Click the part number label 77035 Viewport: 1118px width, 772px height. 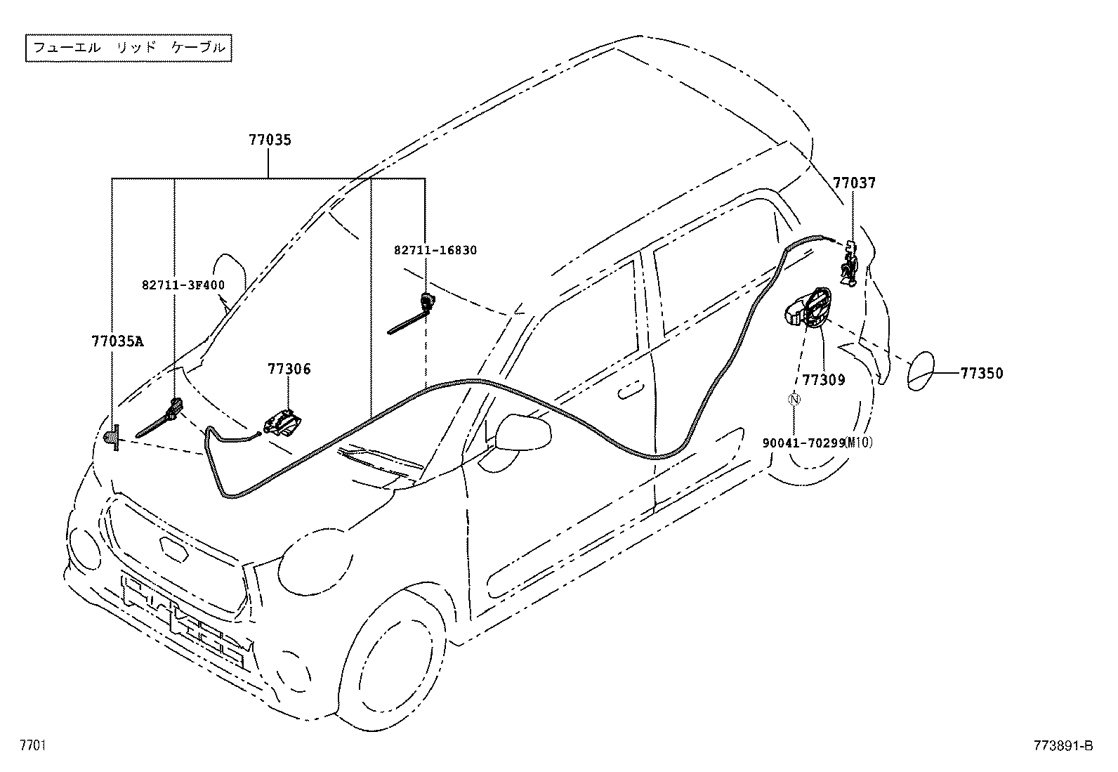[270, 140]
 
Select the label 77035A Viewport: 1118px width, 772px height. [117, 341]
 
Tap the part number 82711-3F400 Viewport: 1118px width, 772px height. [183, 284]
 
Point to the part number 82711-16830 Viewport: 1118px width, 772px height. [435, 250]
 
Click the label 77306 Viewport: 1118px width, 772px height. [289, 369]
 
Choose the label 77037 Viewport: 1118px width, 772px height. [854, 183]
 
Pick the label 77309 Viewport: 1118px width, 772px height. [824, 380]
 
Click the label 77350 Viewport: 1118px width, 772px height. [982, 373]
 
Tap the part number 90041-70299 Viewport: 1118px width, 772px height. [803, 443]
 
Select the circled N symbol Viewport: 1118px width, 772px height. [794, 400]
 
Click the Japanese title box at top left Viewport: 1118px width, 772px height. [129, 48]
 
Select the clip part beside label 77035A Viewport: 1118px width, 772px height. [112, 439]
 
